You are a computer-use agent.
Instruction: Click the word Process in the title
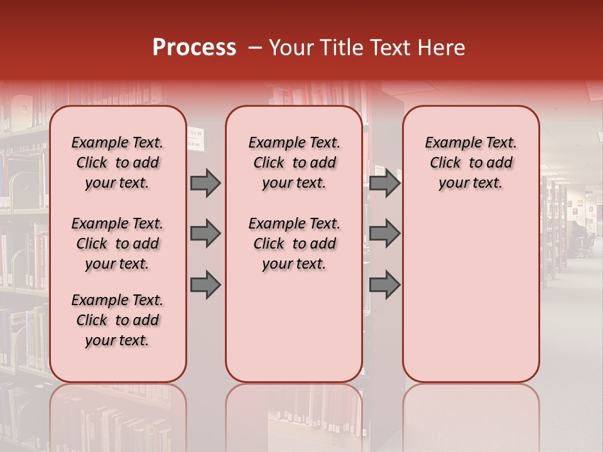(194, 48)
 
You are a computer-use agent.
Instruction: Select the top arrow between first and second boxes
(205, 183)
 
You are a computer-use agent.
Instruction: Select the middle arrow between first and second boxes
(205, 234)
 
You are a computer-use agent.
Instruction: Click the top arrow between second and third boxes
(384, 183)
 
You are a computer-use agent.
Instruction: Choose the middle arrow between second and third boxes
(384, 234)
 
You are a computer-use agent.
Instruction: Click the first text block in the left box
(117, 163)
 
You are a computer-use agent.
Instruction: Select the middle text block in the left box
(117, 244)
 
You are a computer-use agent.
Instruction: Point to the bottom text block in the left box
(117, 320)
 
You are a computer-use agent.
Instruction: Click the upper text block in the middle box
(294, 163)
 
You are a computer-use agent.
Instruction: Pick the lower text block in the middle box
(294, 244)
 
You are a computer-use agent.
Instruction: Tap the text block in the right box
(470, 163)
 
